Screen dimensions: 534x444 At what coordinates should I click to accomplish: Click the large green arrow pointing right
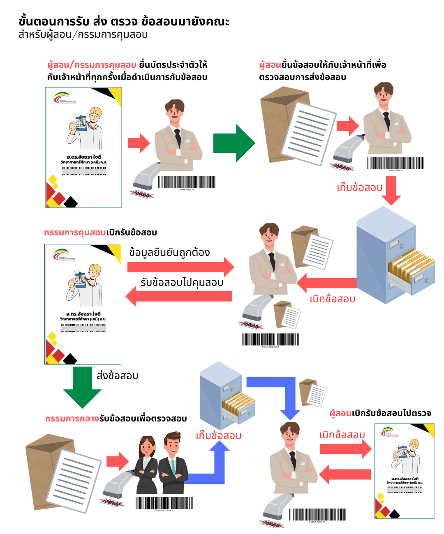pos(233,143)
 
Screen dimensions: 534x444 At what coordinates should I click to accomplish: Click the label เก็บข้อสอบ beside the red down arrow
pos(359,188)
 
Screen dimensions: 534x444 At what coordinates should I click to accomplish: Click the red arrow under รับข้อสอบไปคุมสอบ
pos(179,296)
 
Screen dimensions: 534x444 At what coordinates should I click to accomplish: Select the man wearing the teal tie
pos(173,464)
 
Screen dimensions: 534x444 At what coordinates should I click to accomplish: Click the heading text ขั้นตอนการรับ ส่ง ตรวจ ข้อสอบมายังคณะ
pos(124,21)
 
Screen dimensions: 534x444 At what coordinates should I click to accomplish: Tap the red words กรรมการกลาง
pos(72,419)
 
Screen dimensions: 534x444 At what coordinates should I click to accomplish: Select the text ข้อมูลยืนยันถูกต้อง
pos(169,252)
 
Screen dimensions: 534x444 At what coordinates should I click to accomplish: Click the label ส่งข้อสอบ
pos(117,376)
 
